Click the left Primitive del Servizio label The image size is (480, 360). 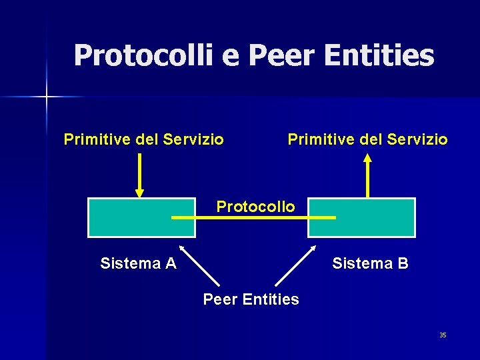[x=143, y=139]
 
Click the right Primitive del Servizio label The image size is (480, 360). [x=367, y=139]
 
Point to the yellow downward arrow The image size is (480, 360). [x=139, y=175]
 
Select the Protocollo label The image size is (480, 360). [x=255, y=207]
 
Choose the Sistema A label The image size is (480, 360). [x=138, y=263]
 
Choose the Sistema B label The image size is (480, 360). [x=370, y=263]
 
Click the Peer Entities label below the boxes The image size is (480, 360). [x=251, y=299]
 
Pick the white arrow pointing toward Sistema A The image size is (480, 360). [x=199, y=266]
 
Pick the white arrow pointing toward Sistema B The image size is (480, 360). [x=295, y=266]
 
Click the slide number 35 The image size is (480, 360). [x=443, y=335]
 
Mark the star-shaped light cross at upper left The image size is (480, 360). [x=47, y=97]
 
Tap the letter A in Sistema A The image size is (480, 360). [x=171, y=263]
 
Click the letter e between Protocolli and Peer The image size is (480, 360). [x=230, y=56]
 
